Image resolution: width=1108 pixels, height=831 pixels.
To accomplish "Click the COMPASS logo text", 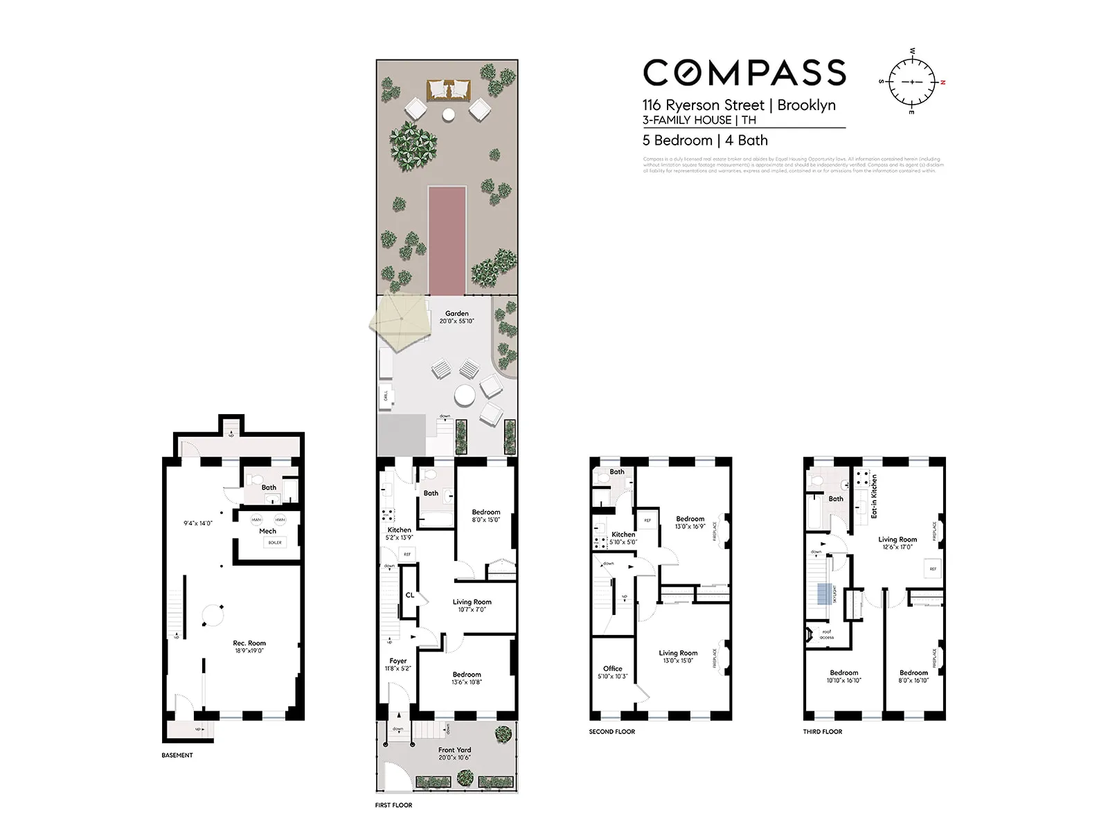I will tap(744, 73).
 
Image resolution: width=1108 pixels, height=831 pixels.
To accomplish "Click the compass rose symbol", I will tap(912, 82).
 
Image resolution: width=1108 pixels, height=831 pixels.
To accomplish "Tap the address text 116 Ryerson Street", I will tap(703, 105).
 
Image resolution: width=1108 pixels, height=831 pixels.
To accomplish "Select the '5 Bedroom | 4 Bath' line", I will tap(705, 141).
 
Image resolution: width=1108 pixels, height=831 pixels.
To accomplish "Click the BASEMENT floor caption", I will tap(177, 755).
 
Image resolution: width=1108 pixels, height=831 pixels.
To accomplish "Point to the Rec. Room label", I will tap(249, 643).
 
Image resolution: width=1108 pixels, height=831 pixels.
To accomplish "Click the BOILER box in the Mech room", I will tap(275, 542).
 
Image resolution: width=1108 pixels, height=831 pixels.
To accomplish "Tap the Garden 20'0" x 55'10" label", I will tap(457, 317).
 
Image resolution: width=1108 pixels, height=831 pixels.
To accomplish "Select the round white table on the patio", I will tap(465, 396).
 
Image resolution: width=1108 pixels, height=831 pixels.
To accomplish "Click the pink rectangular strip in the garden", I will tap(447, 240).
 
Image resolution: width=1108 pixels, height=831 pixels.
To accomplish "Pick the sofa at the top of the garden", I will tap(448, 90).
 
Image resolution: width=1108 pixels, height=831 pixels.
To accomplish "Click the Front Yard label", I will tap(454, 750).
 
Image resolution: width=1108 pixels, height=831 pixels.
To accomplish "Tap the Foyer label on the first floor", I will tap(398, 661).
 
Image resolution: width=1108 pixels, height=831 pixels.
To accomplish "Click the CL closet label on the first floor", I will tap(410, 595).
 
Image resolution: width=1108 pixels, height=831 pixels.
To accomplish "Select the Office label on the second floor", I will tap(612, 668).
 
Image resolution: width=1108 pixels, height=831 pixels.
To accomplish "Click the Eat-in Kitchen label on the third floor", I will tap(874, 496).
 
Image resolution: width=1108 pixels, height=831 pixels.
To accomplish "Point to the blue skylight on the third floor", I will tap(824, 594).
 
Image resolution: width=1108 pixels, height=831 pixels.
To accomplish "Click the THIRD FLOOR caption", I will tap(823, 731).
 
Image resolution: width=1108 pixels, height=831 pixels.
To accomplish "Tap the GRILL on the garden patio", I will tap(386, 396).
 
